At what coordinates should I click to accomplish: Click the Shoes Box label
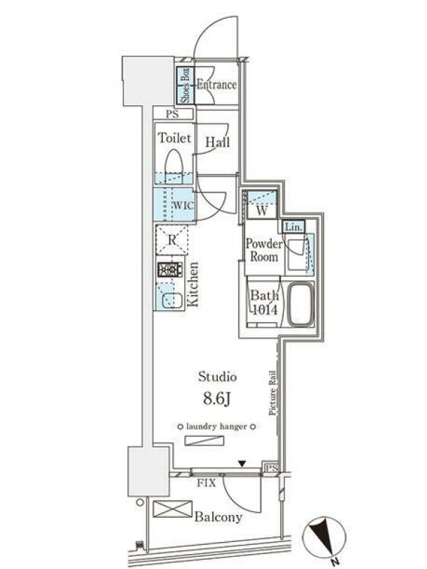(x=185, y=85)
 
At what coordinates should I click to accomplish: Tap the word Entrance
(x=216, y=85)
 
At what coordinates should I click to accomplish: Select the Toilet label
(x=174, y=138)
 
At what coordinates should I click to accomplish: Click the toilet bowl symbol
(x=174, y=166)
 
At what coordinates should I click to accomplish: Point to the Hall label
(x=218, y=142)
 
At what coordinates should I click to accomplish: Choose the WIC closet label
(x=183, y=205)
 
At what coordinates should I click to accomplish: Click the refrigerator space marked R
(x=172, y=240)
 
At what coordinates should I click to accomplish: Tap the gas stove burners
(x=170, y=270)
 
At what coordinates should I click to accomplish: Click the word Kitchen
(x=193, y=284)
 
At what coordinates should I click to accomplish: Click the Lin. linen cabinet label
(x=293, y=228)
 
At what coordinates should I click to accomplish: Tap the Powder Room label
(x=264, y=250)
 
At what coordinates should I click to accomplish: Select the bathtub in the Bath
(x=300, y=304)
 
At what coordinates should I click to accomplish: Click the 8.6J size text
(x=217, y=399)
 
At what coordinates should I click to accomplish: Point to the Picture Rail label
(x=273, y=393)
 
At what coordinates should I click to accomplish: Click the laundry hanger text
(x=216, y=427)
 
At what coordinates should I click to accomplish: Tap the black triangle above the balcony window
(x=242, y=464)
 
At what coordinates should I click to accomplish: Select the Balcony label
(x=218, y=517)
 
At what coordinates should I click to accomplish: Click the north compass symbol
(x=325, y=538)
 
